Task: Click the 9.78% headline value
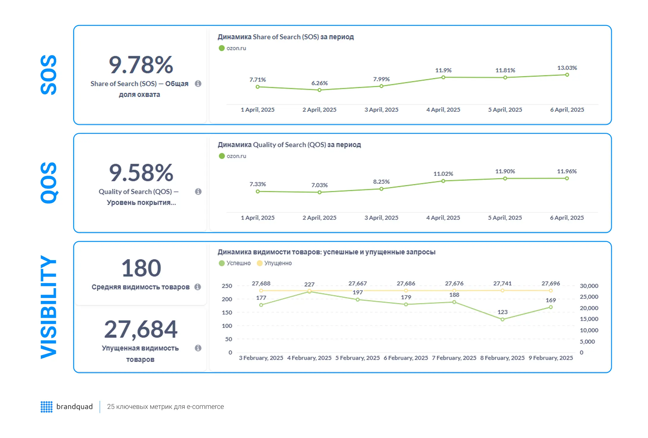coord(141,65)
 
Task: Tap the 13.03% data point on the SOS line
coord(567,75)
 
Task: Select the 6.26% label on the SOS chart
coord(319,83)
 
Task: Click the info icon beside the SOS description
coord(198,84)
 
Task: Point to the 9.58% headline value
coord(141,173)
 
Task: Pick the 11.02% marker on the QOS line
coord(443,181)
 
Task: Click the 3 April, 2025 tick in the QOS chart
coord(381,218)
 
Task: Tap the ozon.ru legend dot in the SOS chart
coord(221,48)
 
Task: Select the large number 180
coord(141,268)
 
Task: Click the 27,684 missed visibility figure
coord(141,329)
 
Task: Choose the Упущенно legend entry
coord(274,263)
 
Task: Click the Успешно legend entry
coord(235,263)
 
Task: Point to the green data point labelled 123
coord(502,319)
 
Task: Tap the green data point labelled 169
coord(551,307)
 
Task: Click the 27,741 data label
coord(502,283)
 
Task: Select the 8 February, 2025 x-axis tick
coord(502,358)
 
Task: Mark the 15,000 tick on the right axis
coord(589,319)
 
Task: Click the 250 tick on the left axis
coord(227,286)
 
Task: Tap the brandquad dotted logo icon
coord(47,407)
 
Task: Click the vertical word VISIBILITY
coord(48,307)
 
